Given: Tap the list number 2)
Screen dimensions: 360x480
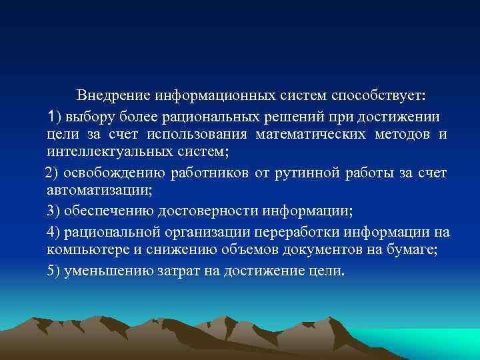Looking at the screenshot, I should [52, 174].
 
